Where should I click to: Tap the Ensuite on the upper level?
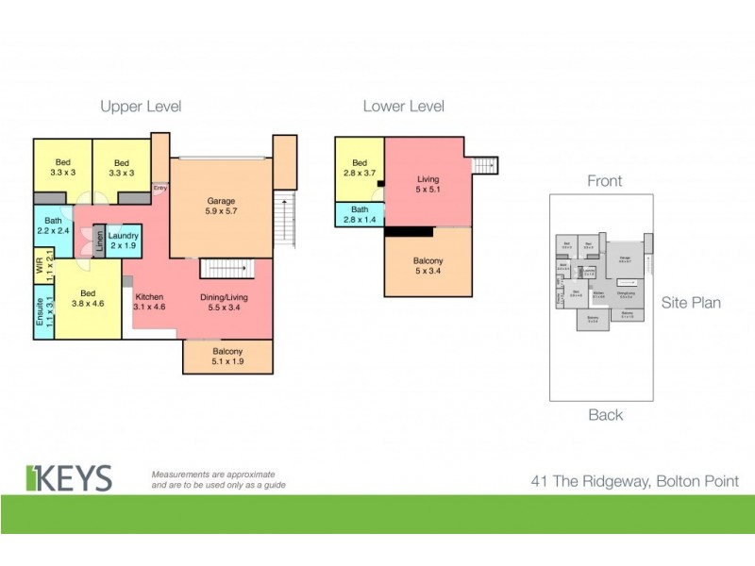(41, 310)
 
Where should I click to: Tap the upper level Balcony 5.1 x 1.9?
(227, 357)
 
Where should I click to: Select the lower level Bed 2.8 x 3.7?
(360, 168)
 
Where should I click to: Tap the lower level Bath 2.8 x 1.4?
(360, 215)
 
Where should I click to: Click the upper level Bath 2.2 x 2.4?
(52, 227)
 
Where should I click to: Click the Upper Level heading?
(141, 107)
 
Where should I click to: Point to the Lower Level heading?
(404, 107)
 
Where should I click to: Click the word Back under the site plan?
(605, 414)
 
